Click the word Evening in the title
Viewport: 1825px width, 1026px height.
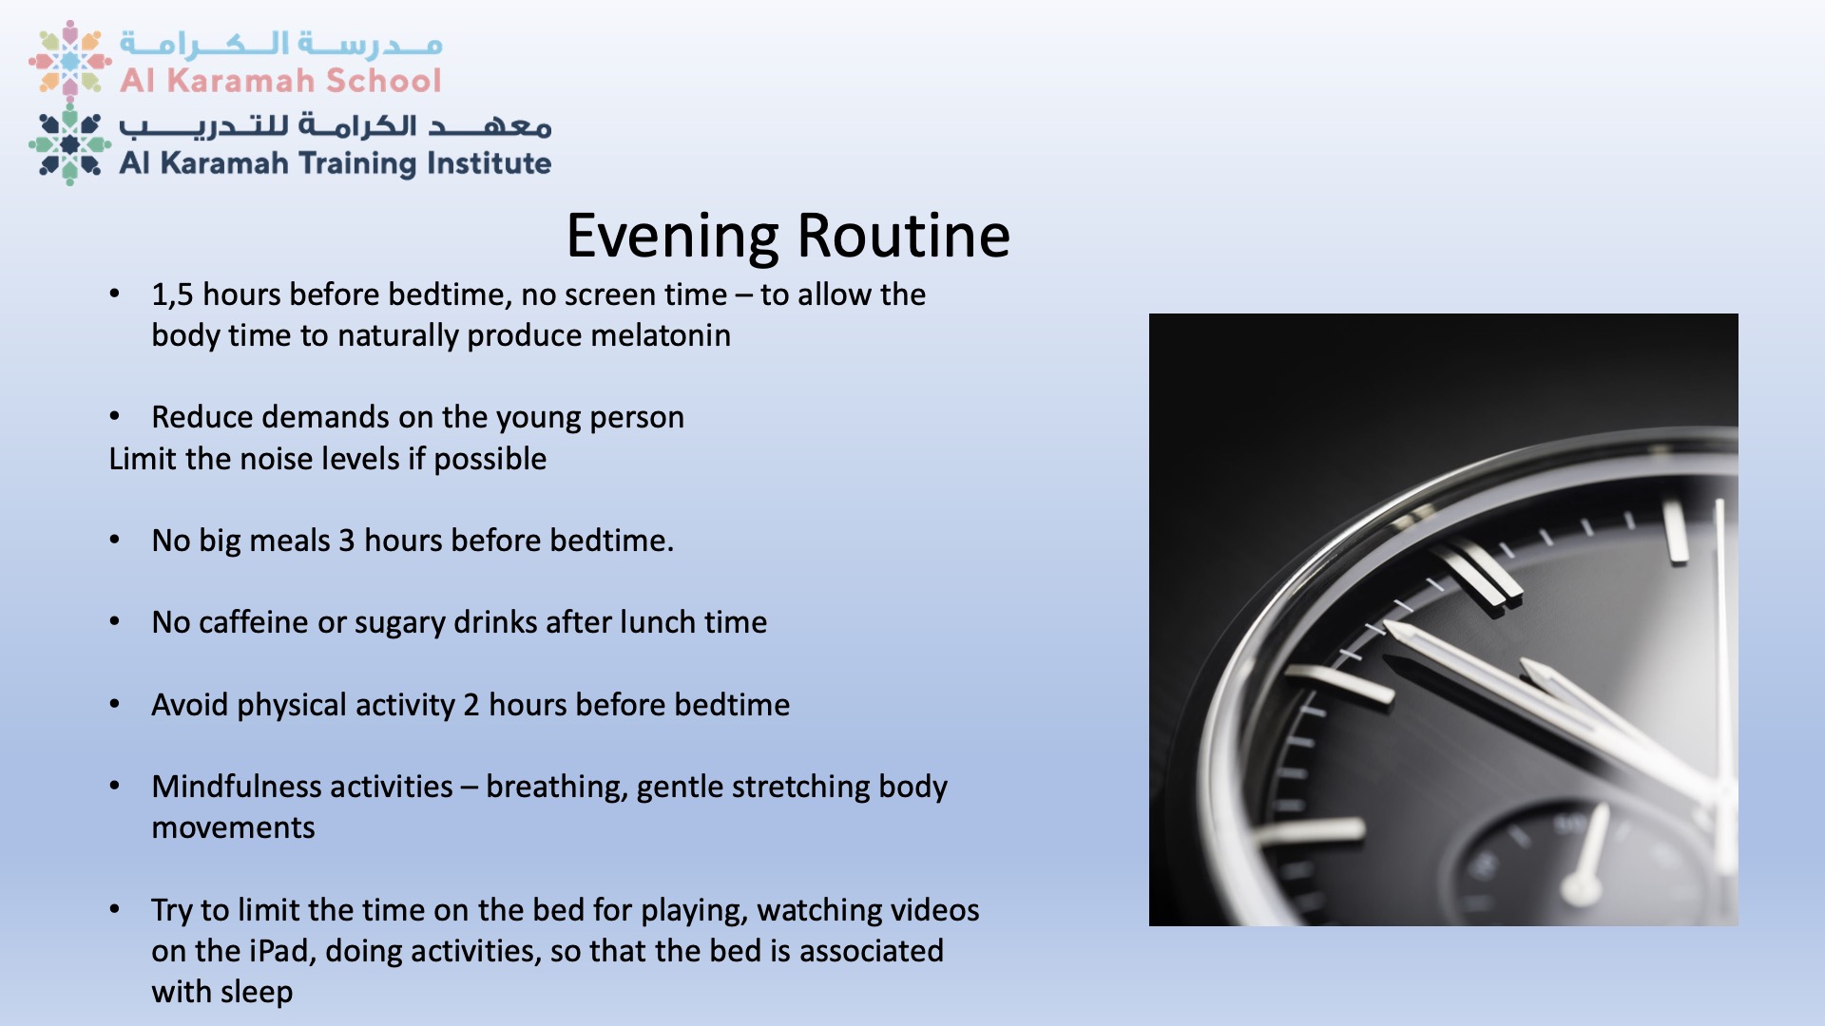point(672,236)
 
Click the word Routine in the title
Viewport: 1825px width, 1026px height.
point(903,236)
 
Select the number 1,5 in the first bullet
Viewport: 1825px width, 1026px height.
point(172,295)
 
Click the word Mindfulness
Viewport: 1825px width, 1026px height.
point(302,787)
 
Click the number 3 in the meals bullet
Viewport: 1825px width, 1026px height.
point(347,541)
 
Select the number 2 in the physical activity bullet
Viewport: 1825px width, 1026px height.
point(471,705)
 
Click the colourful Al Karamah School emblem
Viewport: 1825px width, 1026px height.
point(70,60)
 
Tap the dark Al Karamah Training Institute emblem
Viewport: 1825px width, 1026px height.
point(70,144)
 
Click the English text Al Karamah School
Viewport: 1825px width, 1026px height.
point(280,81)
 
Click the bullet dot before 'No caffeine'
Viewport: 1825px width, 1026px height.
point(115,622)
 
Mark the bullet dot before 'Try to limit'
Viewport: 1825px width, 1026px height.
point(115,910)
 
